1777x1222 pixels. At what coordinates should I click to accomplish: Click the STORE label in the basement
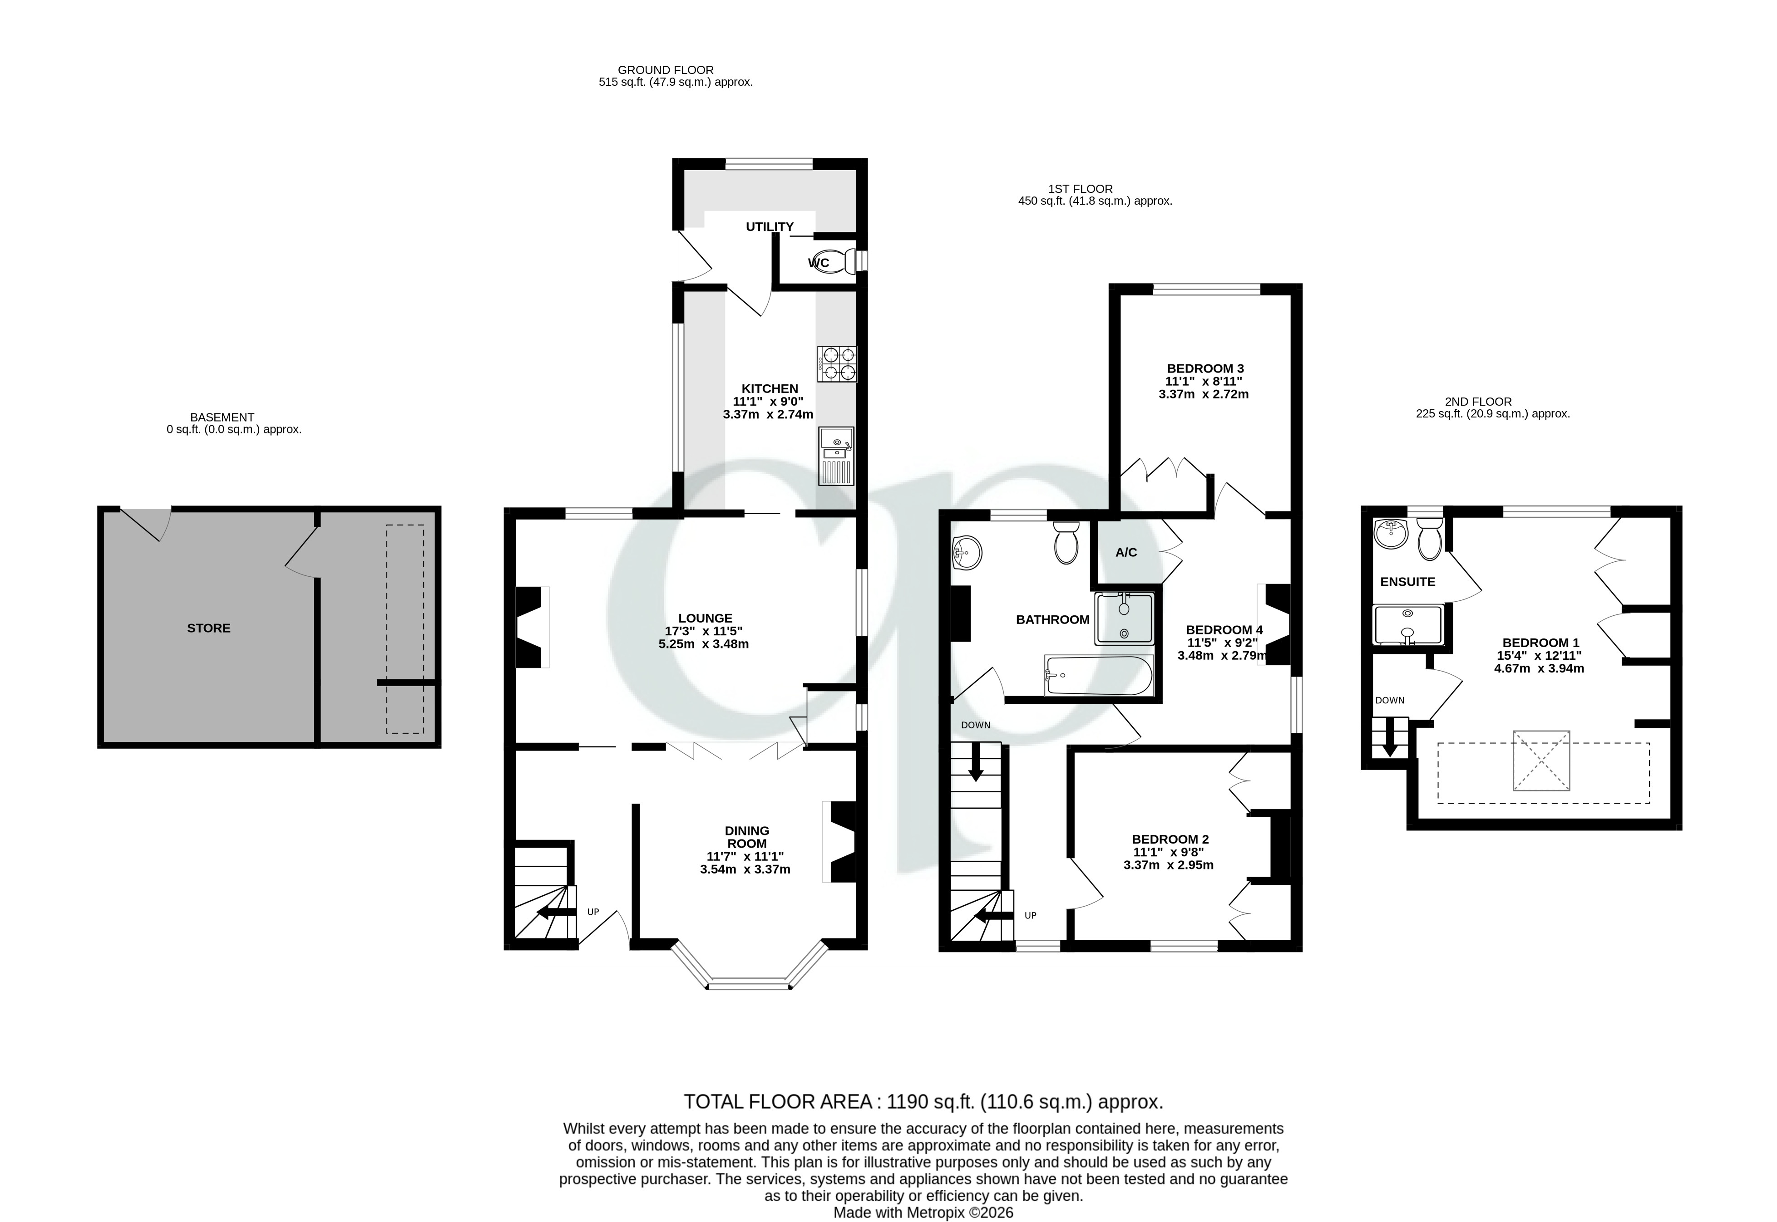click(208, 628)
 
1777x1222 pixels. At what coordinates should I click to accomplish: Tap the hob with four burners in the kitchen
click(837, 364)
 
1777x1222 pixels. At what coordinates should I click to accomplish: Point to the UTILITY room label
click(770, 226)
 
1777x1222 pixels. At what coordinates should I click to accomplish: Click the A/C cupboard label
click(1126, 552)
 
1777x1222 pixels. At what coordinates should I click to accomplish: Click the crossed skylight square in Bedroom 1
click(1541, 761)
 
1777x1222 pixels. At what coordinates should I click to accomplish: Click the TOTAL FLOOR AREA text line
click(923, 1102)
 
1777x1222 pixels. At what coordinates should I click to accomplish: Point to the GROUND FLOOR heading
click(666, 70)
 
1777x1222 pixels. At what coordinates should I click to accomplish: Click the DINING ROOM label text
click(747, 837)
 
